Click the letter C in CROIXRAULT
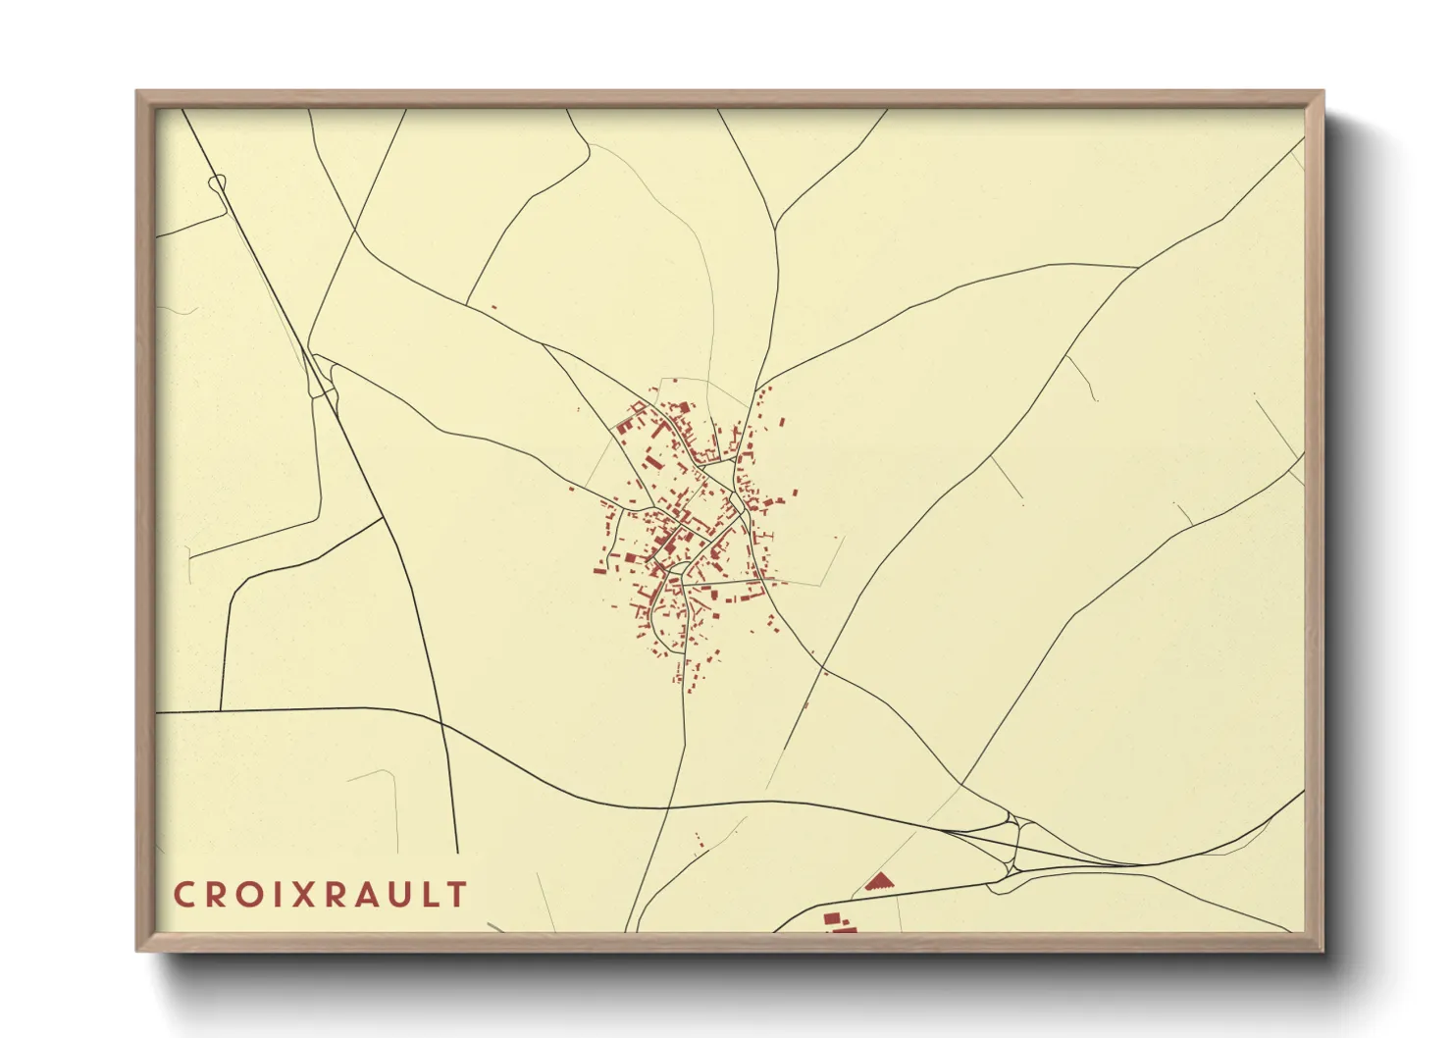pos(182,895)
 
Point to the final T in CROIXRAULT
pos(457,895)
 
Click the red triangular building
pos(880,882)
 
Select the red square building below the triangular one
pos(832,918)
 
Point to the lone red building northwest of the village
pos(493,307)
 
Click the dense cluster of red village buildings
pos(687,530)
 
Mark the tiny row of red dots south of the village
pos(700,839)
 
